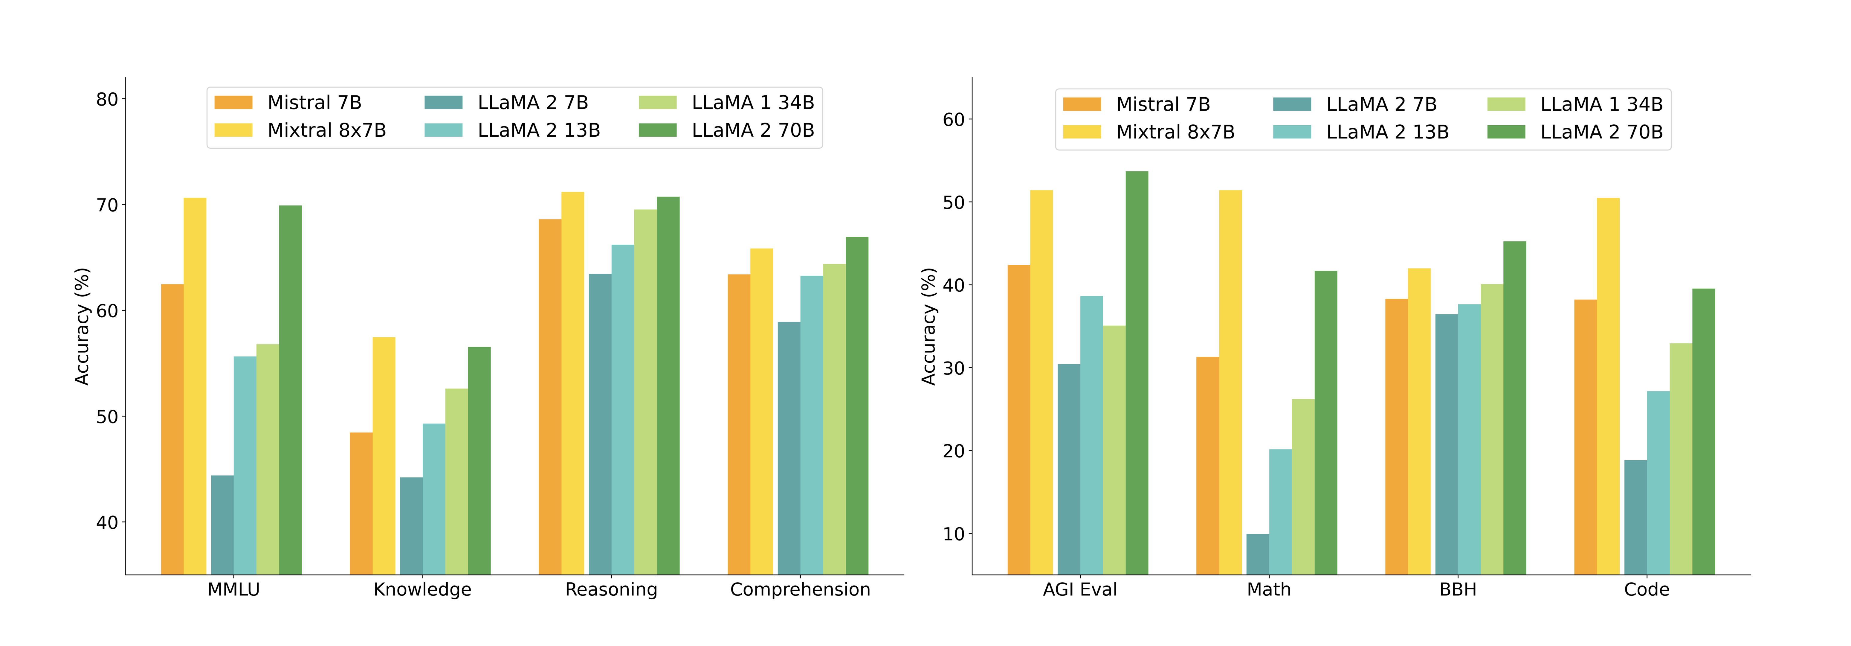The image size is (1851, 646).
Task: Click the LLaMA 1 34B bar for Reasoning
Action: point(645,391)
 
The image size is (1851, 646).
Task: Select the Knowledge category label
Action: point(422,590)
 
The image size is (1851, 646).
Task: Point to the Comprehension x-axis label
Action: point(800,590)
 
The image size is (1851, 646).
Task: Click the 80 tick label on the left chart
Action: point(107,100)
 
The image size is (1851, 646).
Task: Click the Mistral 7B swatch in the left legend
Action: point(233,103)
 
